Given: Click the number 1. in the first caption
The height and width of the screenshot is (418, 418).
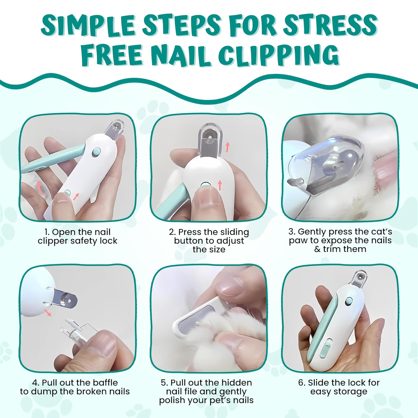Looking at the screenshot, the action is pyautogui.click(x=47, y=232).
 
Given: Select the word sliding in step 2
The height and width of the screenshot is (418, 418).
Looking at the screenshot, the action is pyautogui.click(x=232, y=232).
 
